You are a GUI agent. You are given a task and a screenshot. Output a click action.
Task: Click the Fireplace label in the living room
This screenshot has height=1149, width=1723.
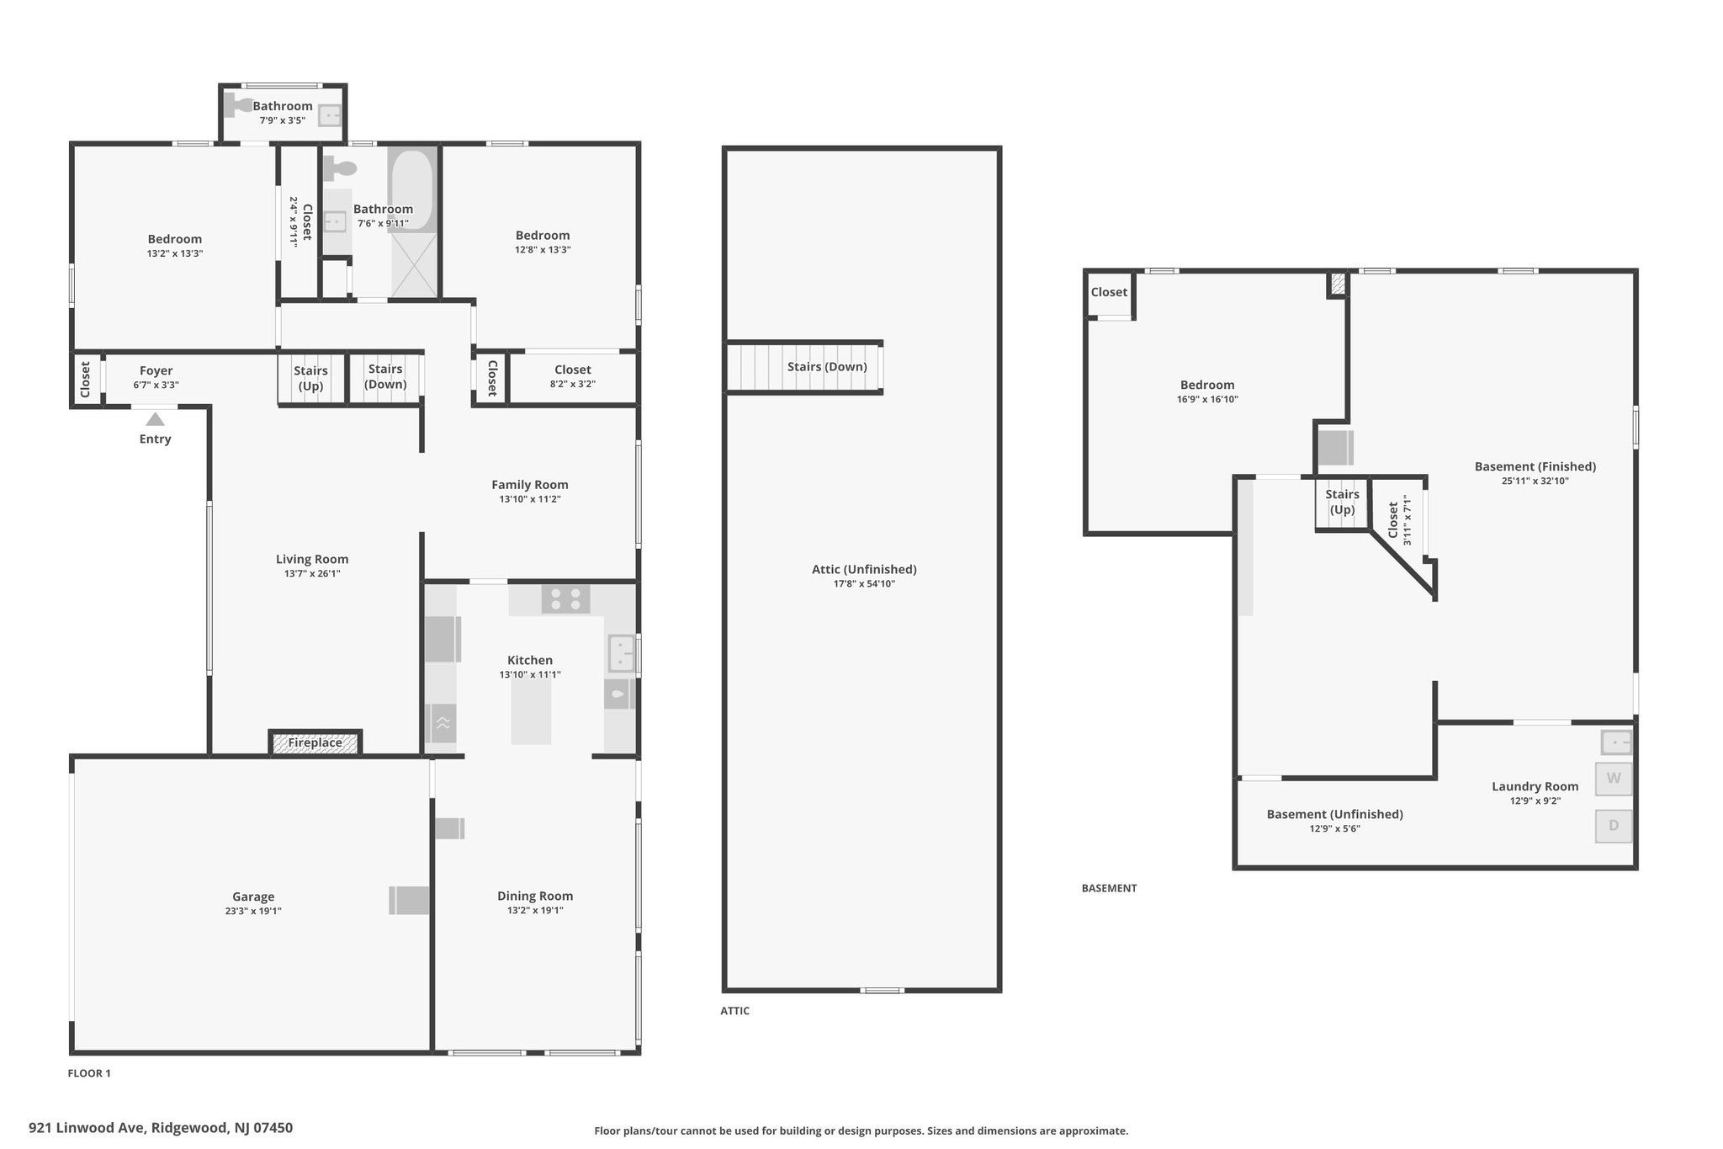[x=315, y=742]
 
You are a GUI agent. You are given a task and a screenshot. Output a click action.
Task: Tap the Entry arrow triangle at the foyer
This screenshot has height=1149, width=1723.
[x=155, y=419]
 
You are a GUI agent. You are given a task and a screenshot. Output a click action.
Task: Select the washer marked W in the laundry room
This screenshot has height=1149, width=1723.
[x=1614, y=779]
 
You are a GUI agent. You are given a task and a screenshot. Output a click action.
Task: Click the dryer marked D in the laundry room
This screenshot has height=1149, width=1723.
[x=1614, y=826]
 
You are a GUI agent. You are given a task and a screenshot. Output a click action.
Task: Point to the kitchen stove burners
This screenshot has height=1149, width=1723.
[x=565, y=599]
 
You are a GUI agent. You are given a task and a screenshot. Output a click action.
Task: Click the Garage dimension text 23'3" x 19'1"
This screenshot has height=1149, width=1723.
[x=253, y=911]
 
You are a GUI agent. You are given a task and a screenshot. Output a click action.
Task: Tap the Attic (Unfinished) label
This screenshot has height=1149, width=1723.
[x=864, y=569]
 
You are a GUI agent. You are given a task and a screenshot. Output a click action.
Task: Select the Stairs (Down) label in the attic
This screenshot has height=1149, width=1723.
[x=827, y=367]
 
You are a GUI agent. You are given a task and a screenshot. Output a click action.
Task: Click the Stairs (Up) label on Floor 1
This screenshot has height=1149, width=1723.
[x=310, y=378]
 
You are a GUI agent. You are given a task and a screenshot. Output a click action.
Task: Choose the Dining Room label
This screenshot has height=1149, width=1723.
[x=535, y=896]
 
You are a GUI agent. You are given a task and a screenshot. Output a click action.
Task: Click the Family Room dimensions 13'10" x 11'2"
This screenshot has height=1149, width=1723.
[x=530, y=499]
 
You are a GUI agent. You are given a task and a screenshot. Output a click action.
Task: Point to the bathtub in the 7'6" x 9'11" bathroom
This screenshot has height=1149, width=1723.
[x=411, y=190]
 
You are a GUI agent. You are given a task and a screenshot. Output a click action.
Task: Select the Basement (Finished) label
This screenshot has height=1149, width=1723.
[x=1535, y=466]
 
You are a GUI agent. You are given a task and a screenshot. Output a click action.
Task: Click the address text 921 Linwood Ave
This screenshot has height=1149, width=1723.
[x=88, y=1128]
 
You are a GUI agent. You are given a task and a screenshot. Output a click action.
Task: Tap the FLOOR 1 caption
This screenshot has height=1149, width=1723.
[x=89, y=1073]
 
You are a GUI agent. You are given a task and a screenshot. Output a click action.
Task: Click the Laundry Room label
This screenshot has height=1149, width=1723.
[x=1535, y=786]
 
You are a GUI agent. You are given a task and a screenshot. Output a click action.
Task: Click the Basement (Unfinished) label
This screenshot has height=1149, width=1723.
[x=1335, y=814]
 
